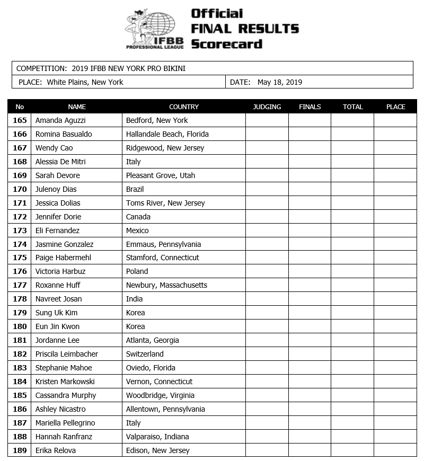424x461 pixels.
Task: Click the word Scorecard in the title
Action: coord(226,44)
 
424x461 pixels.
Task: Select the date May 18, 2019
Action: coord(280,82)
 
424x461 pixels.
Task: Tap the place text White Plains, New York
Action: coord(85,82)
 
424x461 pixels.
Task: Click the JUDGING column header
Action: coord(267,107)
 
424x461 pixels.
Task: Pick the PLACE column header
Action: coord(395,107)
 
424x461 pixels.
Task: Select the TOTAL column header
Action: coord(352,107)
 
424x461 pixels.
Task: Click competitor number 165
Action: coord(20,120)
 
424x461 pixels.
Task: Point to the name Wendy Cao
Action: coord(54,148)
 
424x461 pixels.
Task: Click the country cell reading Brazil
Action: coord(135,189)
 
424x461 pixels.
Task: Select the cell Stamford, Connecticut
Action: coord(162,258)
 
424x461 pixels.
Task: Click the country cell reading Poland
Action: coord(137,271)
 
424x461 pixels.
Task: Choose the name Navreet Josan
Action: coord(58,299)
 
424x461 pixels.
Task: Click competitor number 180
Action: coord(20,326)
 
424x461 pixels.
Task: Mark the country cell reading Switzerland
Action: coord(145,354)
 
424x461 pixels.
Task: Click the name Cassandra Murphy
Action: coord(66,395)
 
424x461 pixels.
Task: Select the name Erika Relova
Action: coord(56,450)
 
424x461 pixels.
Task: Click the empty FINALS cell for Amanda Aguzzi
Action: coord(310,120)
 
